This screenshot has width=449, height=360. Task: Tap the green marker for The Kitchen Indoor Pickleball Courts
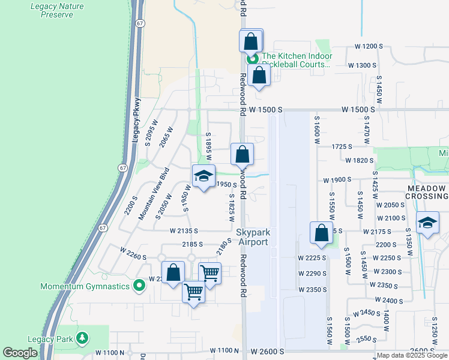(x=253, y=59)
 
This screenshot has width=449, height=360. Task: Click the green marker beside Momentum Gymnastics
(x=139, y=286)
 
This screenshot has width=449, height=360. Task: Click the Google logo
(x=20, y=353)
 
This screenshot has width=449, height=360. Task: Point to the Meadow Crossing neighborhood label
(x=427, y=192)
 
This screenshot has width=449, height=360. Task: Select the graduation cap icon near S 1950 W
(x=203, y=176)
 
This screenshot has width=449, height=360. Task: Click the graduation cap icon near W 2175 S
(x=427, y=223)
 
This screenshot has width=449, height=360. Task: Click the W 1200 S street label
(x=369, y=46)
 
